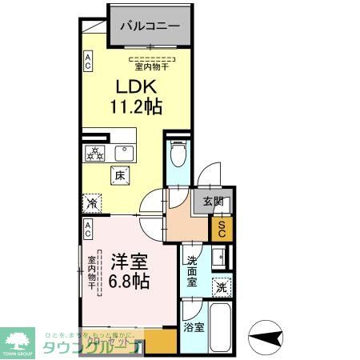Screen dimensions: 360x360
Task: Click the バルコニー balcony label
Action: pos(150,26)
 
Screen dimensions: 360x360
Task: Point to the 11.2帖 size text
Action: pos(136,106)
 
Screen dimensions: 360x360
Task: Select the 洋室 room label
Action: pos(127,261)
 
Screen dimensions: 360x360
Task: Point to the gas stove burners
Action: pos(95,154)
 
